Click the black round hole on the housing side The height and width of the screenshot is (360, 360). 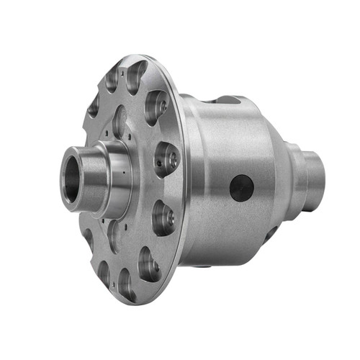pyautogui.click(x=242, y=189)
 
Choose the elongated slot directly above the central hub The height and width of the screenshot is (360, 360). pyautogui.click(x=120, y=121)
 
